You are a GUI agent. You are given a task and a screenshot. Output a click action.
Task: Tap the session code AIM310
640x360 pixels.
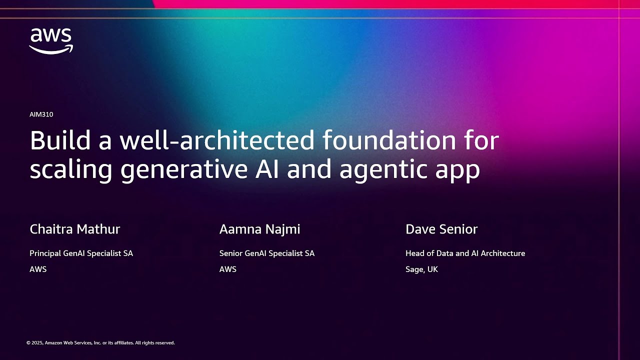(41, 114)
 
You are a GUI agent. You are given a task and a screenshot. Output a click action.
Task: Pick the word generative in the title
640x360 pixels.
(184, 169)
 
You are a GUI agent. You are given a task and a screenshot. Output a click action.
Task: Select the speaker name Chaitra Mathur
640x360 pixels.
(75, 229)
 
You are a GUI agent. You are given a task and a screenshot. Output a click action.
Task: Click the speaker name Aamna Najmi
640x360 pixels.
(259, 229)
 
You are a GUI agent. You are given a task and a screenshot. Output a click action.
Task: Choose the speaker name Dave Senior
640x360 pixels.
(441, 229)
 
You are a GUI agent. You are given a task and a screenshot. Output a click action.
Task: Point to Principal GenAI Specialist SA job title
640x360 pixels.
(81, 253)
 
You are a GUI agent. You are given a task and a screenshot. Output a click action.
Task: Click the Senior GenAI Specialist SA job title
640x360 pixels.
(266, 253)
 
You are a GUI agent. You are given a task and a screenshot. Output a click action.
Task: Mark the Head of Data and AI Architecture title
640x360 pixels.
(465, 253)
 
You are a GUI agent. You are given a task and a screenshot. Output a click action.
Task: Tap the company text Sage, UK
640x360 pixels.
(421, 269)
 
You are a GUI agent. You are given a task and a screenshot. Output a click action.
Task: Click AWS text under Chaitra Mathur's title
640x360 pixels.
(38, 269)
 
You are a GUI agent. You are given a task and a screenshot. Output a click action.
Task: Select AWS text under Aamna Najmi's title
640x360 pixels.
(227, 269)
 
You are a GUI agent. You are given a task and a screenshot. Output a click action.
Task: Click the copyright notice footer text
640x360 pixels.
(100, 343)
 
